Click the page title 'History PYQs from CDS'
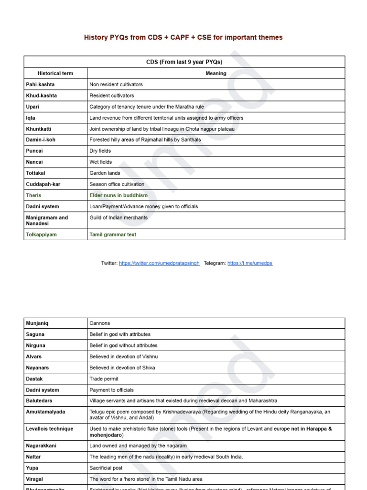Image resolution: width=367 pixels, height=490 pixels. click(183, 37)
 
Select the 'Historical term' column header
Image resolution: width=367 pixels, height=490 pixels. click(55, 73)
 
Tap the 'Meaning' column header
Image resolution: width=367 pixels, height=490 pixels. click(216, 73)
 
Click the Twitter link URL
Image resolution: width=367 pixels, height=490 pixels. click(159, 263)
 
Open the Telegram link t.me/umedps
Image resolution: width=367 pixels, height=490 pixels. click(250, 263)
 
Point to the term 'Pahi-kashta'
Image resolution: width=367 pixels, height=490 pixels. click(40, 84)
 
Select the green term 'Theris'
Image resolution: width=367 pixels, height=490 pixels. click(33, 195)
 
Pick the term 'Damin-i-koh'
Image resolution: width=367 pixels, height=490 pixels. click(42, 140)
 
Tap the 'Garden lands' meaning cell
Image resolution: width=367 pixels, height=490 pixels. click(105, 173)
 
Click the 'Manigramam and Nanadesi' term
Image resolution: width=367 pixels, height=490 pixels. click(47, 220)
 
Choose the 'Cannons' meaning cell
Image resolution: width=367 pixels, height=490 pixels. click(99, 323)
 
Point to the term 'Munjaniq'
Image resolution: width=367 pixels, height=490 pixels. click(37, 323)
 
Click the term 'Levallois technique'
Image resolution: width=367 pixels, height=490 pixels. click(49, 429)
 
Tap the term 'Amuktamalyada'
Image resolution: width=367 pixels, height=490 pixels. click(45, 412)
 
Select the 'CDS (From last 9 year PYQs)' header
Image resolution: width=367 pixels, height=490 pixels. click(184, 62)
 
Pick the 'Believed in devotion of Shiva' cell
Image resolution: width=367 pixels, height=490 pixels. click(122, 367)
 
